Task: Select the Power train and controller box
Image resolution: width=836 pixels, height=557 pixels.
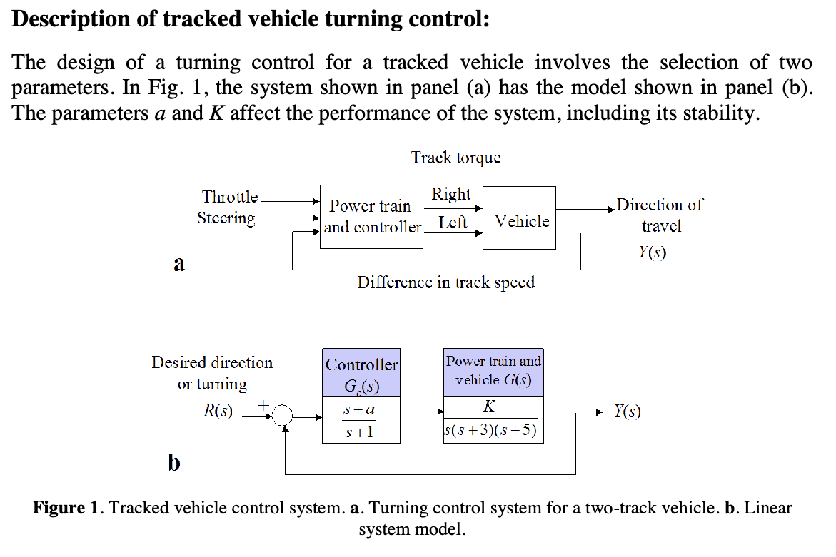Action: [371, 217]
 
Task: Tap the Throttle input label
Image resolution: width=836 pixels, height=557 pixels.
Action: [229, 197]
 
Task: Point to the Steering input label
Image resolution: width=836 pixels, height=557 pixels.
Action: [226, 218]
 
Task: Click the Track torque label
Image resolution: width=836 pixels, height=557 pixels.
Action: [455, 158]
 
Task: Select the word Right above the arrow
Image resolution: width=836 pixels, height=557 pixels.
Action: [450, 194]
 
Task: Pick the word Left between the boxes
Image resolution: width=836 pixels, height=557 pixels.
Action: [453, 223]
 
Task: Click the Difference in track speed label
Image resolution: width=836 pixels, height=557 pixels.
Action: [445, 282]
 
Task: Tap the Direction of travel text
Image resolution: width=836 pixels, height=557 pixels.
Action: [660, 215]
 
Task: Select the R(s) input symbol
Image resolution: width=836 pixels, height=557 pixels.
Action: [218, 412]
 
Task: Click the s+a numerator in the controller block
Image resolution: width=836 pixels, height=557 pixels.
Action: [359, 411]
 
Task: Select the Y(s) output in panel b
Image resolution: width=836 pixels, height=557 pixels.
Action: [628, 412]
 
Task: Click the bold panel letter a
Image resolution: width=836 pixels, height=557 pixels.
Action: [179, 265]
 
